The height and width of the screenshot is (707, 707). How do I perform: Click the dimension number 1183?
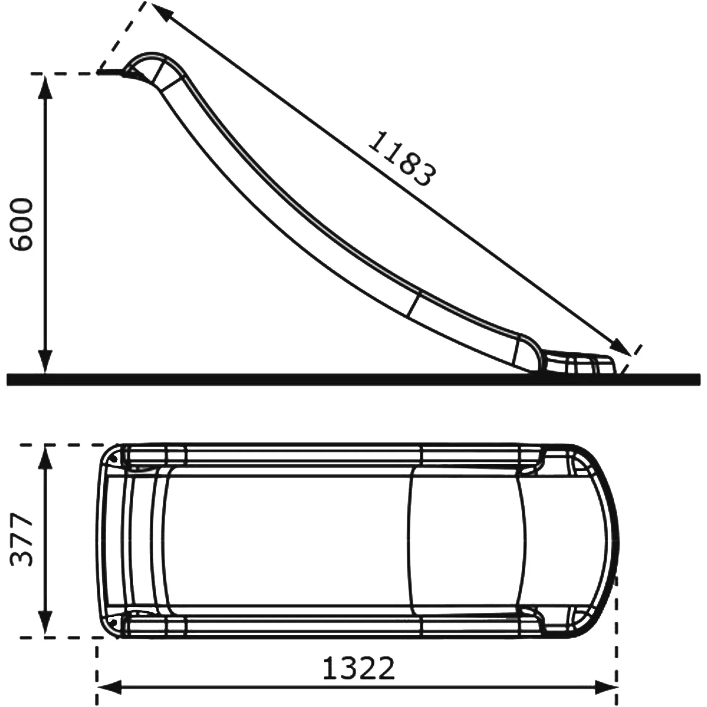(x=402, y=159)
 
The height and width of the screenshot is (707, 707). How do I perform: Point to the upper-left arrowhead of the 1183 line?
(x=160, y=11)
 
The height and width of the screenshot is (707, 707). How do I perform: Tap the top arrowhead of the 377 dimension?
(x=45, y=454)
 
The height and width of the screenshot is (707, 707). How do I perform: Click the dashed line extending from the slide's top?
(x=122, y=37)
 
